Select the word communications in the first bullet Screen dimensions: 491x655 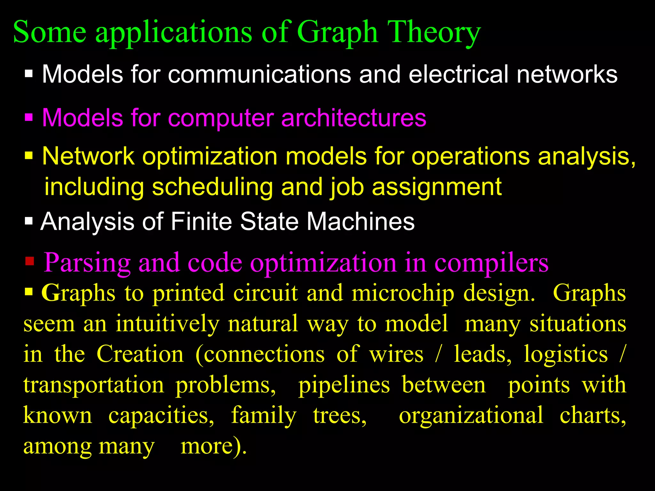[x=259, y=74]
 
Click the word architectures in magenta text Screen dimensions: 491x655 [x=354, y=118]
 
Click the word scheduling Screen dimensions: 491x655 [x=212, y=187]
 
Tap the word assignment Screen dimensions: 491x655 [x=437, y=187]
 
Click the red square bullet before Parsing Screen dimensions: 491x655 [x=30, y=261]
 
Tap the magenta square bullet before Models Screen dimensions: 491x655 [x=29, y=117]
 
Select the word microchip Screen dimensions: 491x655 [x=403, y=293]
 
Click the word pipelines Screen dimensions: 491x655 [x=344, y=385]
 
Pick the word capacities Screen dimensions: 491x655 [x=162, y=415]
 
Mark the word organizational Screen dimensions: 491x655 [x=471, y=415]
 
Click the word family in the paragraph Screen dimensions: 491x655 [x=264, y=415]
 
